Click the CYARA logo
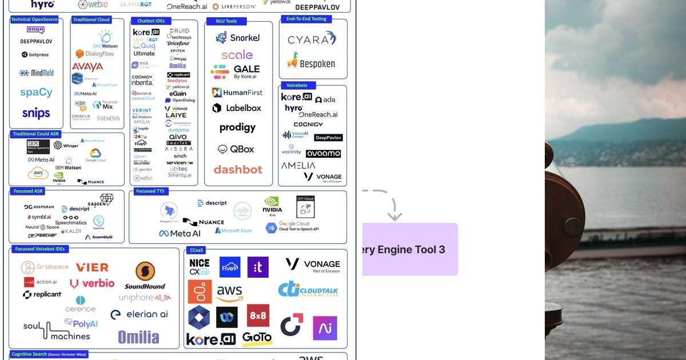point(312,39)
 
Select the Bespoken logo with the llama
point(311,61)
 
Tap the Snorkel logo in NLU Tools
point(237,38)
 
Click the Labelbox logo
point(237,108)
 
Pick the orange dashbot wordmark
point(238,170)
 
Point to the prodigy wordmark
point(237,127)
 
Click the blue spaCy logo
point(36,93)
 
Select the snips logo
point(36,113)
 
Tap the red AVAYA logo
point(87,67)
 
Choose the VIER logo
point(92,267)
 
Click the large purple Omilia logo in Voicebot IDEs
point(138,337)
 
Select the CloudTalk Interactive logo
point(308,290)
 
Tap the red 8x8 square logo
point(258,315)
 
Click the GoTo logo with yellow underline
point(257,338)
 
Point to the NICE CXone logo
point(200,267)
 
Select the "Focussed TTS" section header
point(150,191)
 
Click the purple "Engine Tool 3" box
point(410,249)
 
